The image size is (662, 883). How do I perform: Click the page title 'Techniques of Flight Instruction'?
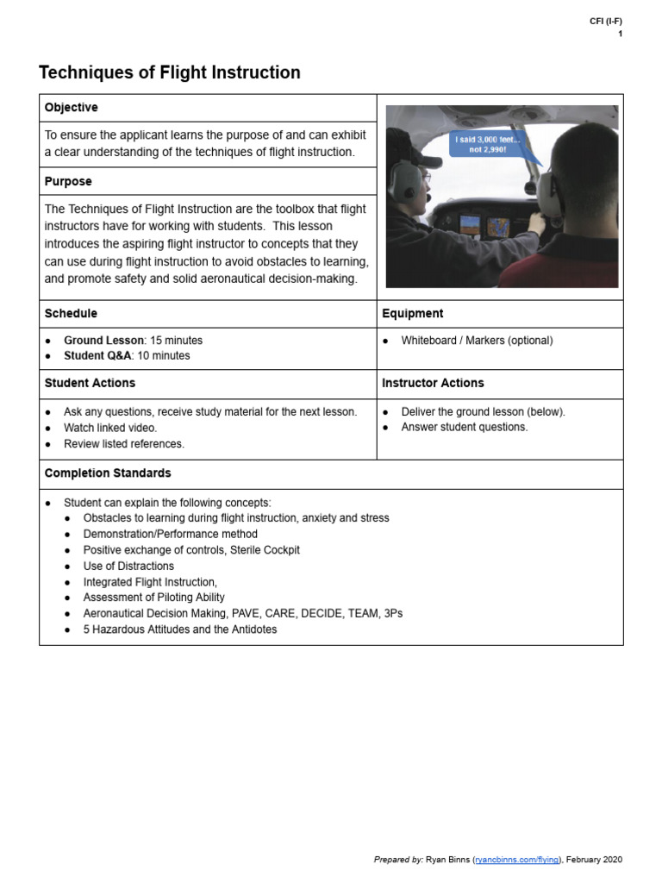click(170, 73)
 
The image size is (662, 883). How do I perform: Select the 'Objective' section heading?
click(71, 108)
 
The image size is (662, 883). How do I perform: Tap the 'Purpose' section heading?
click(68, 182)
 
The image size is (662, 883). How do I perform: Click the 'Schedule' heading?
click(71, 314)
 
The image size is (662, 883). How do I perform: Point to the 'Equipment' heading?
click(413, 314)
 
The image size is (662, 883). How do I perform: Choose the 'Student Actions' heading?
click(90, 383)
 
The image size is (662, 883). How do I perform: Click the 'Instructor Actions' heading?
click(433, 383)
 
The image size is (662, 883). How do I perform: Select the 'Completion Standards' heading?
click(108, 473)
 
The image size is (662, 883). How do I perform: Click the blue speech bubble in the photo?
click(488, 143)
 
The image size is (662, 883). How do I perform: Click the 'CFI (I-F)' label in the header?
click(605, 22)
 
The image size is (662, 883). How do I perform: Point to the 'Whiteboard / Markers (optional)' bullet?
click(477, 341)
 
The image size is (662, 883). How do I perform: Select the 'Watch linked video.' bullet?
click(110, 428)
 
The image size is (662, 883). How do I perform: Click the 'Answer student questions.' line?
click(465, 427)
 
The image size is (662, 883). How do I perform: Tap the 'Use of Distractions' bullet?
click(128, 567)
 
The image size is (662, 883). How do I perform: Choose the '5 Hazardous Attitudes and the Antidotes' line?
click(180, 629)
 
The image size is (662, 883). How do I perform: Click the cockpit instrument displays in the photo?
click(482, 227)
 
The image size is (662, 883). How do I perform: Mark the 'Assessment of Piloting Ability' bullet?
click(153, 598)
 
